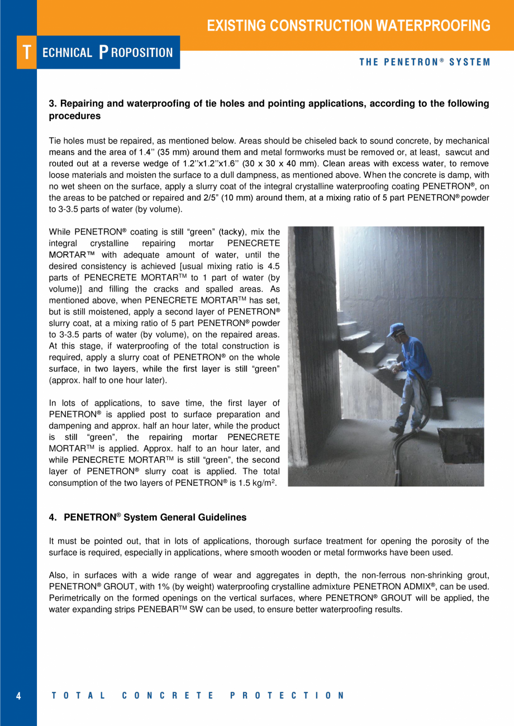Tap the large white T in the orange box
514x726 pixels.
pyautogui.click(x=26, y=52)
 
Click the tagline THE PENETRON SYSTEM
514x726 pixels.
pyautogui.click(x=425, y=62)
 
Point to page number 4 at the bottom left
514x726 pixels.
pyautogui.click(x=18, y=696)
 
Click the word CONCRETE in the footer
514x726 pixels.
pyautogui.click(x=168, y=696)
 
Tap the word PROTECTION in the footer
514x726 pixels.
pyautogui.click(x=287, y=696)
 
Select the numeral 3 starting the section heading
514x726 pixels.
pyautogui.click(x=52, y=104)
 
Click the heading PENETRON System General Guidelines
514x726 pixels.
pyautogui.click(x=155, y=518)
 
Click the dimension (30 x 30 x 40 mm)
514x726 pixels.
pyautogui.click(x=283, y=164)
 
